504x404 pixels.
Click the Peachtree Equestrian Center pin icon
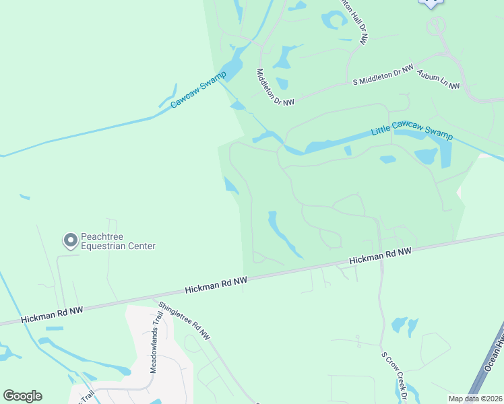(70, 240)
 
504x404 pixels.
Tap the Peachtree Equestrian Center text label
(118, 241)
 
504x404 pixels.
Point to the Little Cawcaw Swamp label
(412, 131)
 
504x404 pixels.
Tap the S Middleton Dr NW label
(383, 75)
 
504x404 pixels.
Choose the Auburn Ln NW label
(438, 79)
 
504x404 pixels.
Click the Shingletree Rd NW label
(184, 320)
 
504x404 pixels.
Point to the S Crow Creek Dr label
(393, 376)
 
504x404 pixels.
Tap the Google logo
(22, 396)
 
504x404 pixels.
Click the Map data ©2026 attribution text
(474, 398)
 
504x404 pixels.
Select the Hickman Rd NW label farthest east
(380, 257)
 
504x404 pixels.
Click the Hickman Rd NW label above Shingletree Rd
(216, 285)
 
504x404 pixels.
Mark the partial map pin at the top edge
(431, 3)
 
